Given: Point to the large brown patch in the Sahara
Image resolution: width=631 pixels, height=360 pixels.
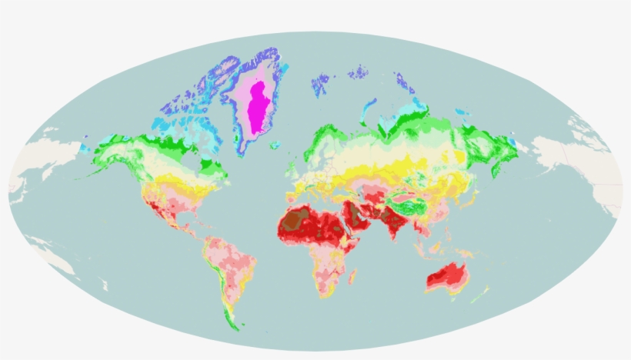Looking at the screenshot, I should [x=295, y=221].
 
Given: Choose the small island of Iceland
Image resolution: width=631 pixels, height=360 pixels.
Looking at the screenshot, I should [x=275, y=145].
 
